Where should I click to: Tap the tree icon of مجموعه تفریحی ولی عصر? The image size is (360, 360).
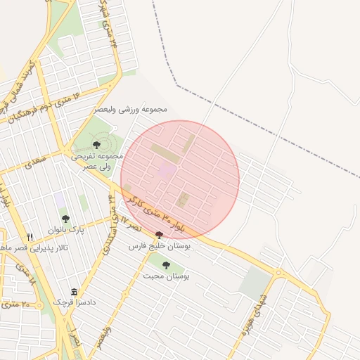point(96,145)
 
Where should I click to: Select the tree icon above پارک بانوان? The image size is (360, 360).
point(65,219)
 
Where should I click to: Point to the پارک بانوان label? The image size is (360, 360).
point(66,230)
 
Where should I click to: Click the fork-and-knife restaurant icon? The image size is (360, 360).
point(30,237)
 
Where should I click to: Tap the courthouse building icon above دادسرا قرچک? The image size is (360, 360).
point(74,292)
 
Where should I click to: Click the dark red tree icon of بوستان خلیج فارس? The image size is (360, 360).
point(159,235)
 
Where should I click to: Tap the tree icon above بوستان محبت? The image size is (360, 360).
point(166,265)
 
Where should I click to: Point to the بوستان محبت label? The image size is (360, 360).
point(167,276)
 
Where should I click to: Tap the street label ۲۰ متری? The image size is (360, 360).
point(20,304)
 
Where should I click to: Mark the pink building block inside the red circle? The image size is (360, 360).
point(167,170)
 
